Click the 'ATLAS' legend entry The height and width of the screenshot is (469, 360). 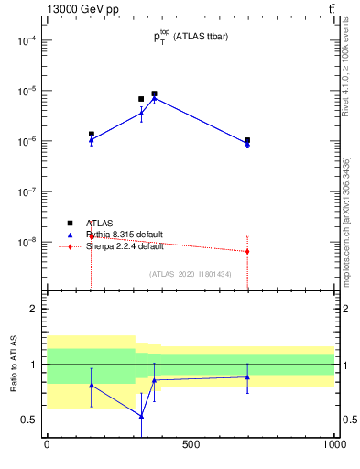click(100, 223)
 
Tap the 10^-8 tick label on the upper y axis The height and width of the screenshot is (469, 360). click(26, 243)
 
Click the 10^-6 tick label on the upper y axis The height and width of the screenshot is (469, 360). click(26, 142)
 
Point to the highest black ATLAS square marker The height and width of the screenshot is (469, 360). click(155, 93)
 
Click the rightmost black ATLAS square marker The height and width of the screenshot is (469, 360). click(247, 140)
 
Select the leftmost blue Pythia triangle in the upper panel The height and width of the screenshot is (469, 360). click(91, 140)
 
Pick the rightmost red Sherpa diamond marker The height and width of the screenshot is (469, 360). click(247, 251)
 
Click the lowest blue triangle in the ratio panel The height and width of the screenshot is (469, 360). click(141, 416)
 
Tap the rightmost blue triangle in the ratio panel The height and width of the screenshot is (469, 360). click(247, 376)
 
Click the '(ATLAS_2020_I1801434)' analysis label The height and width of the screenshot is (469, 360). click(190, 274)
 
